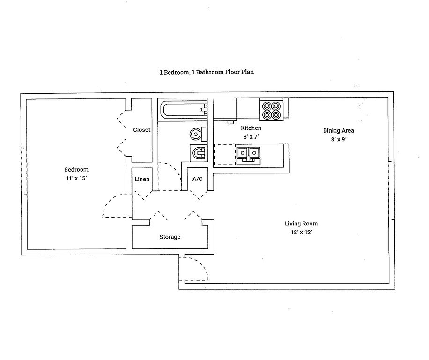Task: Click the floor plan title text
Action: [x=207, y=72]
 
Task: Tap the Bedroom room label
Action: [x=76, y=170]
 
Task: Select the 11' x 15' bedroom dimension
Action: [x=76, y=178]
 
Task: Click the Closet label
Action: [x=142, y=130]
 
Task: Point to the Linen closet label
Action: [x=142, y=179]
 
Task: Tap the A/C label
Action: [x=198, y=179]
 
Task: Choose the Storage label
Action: [x=170, y=237]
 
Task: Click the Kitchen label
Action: [x=251, y=128]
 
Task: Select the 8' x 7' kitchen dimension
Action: [x=251, y=136]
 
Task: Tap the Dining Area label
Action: [x=339, y=131]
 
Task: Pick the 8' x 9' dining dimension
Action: [x=339, y=139]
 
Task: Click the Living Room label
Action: [x=301, y=224]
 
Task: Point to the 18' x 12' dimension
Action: [x=301, y=232]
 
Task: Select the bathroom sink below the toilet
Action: [x=199, y=153]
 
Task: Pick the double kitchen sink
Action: [x=248, y=156]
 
